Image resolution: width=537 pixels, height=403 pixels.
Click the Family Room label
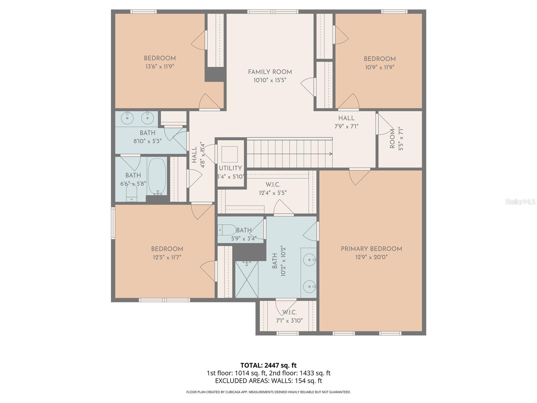coord(270,72)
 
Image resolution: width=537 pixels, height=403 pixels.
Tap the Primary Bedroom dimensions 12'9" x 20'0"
coord(371,257)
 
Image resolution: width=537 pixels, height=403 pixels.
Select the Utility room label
coord(230,168)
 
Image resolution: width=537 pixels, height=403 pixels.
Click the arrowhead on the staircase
coord(331,154)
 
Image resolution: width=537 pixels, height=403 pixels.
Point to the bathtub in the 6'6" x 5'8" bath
coord(157,176)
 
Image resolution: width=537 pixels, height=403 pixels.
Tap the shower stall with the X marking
coord(247,279)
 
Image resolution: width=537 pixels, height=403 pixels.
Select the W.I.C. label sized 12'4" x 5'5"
coord(273,185)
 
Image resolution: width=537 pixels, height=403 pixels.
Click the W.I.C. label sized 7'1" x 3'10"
coord(289,312)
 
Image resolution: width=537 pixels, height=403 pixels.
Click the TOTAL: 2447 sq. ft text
coord(268,365)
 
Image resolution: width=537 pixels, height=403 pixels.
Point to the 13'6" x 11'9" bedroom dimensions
coord(160,66)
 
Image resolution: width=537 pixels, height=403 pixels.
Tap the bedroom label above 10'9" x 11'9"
coord(380,59)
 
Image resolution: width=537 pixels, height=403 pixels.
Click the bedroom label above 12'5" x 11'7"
coord(167,249)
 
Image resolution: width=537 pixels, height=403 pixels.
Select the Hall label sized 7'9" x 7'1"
coord(346,118)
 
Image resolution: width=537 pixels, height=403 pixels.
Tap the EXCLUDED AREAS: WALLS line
coord(268,381)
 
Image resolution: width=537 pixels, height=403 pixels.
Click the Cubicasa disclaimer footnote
coord(268,392)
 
